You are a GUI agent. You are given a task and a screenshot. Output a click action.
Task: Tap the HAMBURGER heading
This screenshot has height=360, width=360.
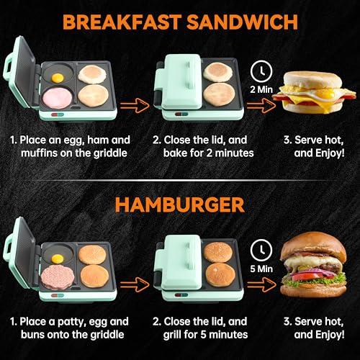click(180, 206)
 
